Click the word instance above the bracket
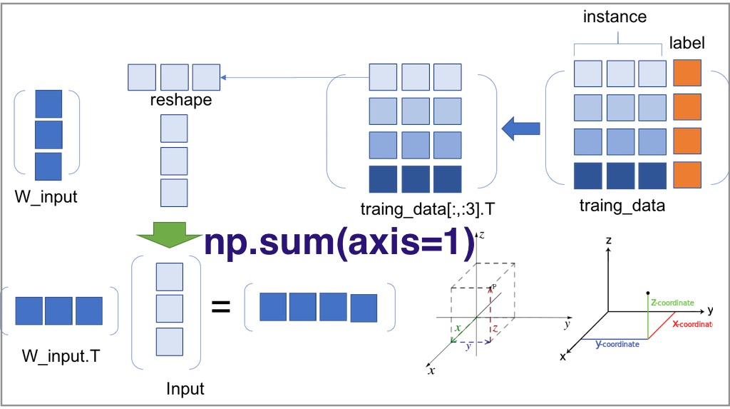tap(615, 17)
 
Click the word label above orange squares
tap(687, 43)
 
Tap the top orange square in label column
tap(687, 73)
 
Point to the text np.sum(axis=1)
tap(339, 243)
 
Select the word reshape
tap(181, 100)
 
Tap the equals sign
tap(221, 308)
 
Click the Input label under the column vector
tap(185, 389)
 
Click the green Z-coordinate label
tap(673, 303)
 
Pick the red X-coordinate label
tap(692, 323)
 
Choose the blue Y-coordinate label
tap(617, 344)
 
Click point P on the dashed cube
tap(492, 287)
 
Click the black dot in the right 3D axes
tap(647, 293)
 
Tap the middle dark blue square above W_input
tap(48, 134)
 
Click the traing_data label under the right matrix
tap(622, 206)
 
